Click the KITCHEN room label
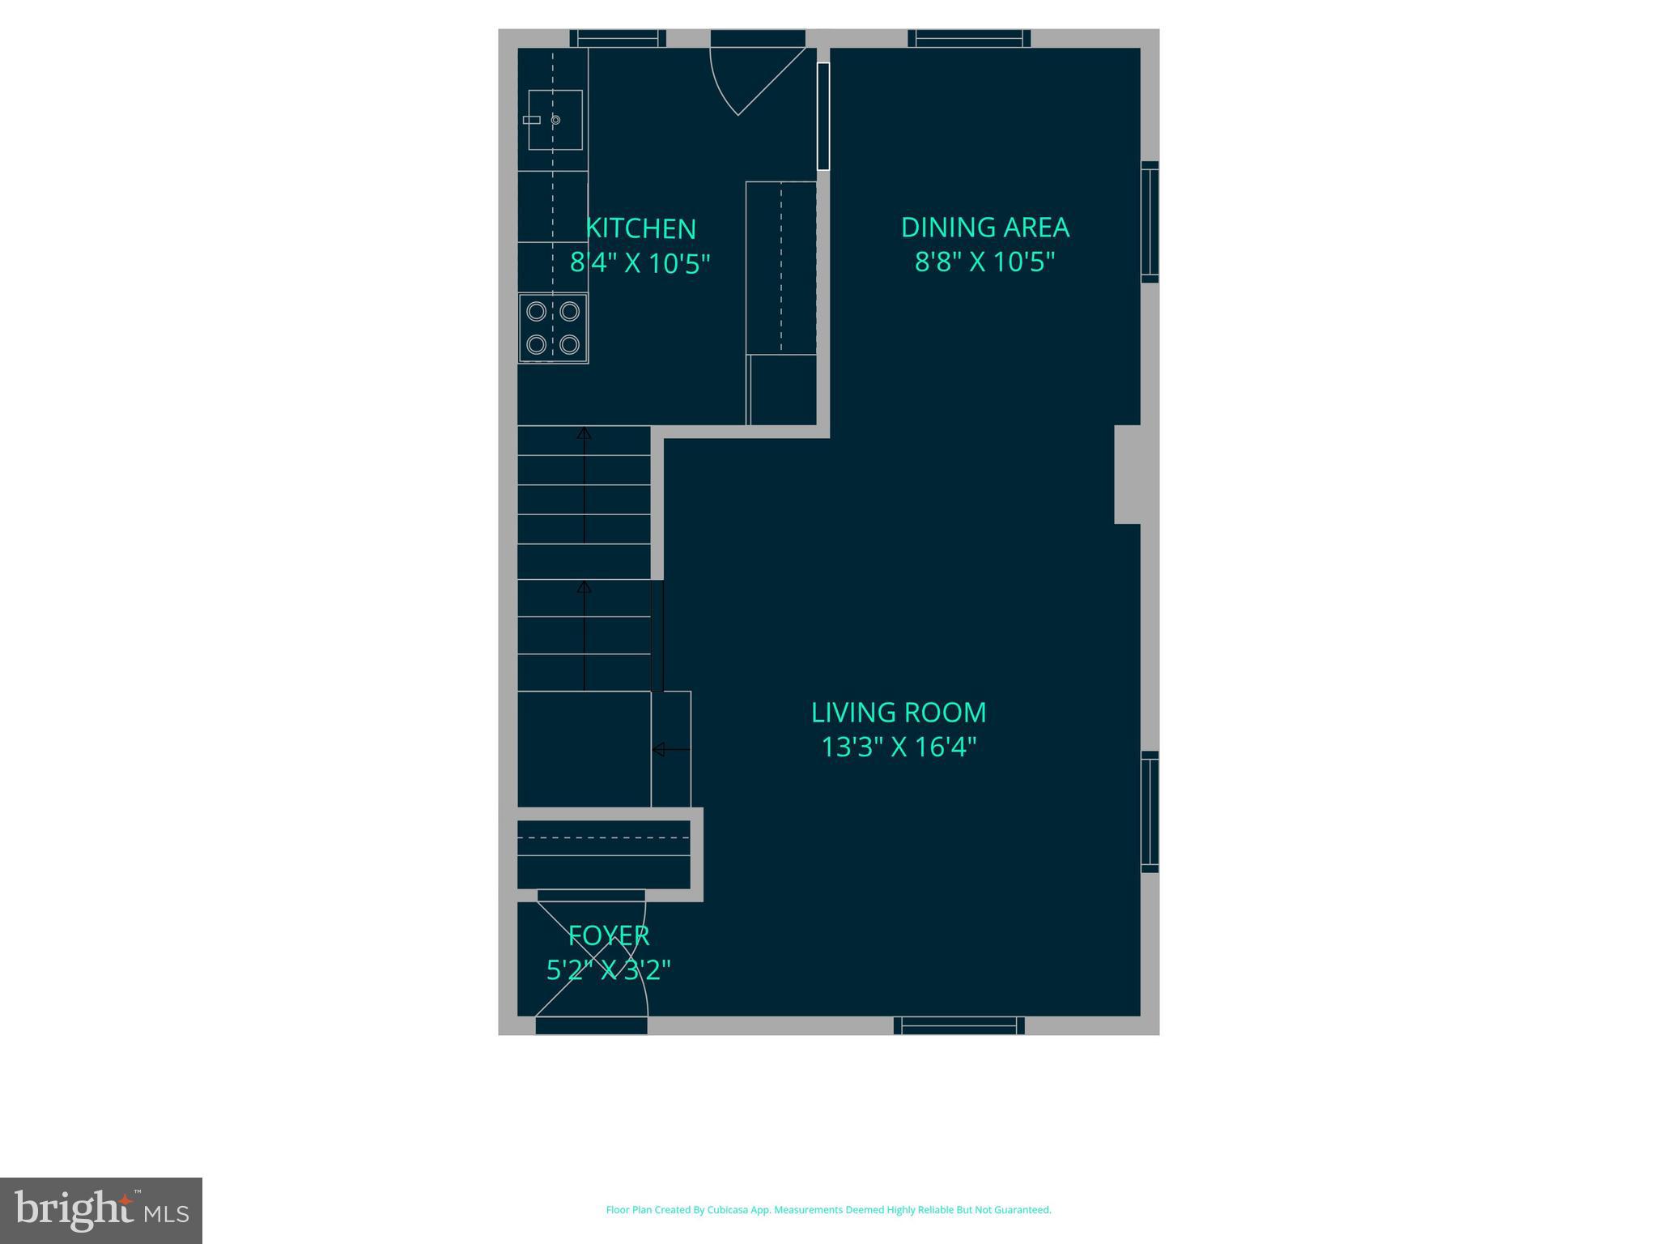pyautogui.click(x=640, y=228)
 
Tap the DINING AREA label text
pyautogui.click(x=984, y=228)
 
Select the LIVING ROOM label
pyautogui.click(x=899, y=713)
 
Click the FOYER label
pyautogui.click(x=609, y=935)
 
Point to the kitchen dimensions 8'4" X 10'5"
pyautogui.click(x=640, y=263)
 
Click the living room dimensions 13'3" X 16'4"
pyautogui.click(x=899, y=747)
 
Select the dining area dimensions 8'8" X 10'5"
pyautogui.click(x=984, y=262)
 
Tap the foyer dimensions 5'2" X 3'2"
pyautogui.click(x=609, y=969)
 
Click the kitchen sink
pyautogui.click(x=555, y=120)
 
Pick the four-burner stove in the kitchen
pyautogui.click(x=553, y=328)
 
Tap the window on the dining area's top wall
pyautogui.click(x=969, y=38)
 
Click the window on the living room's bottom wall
pyautogui.click(x=959, y=1025)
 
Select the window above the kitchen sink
pyautogui.click(x=617, y=38)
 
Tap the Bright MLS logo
pyautogui.click(x=101, y=1210)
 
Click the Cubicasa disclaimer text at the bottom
pyautogui.click(x=828, y=1210)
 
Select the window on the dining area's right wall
pyautogui.click(x=1150, y=222)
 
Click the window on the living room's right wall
pyautogui.click(x=1150, y=812)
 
